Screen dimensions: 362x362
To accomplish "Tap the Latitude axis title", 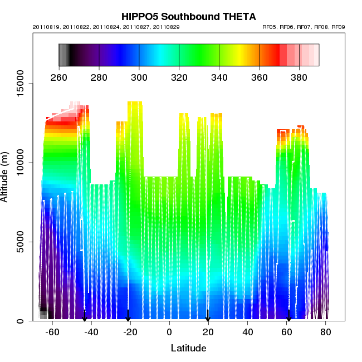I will [188, 349].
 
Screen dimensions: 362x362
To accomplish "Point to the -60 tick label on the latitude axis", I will [52, 332].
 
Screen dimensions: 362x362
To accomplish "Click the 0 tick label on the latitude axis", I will [169, 332].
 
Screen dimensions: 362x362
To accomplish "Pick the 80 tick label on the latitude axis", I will [326, 332].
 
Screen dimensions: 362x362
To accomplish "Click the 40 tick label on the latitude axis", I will [247, 332].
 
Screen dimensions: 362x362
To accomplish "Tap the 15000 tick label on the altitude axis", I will [19, 84].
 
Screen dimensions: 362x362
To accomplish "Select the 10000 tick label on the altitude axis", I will [19, 163].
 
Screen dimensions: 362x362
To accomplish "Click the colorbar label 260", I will [59, 77].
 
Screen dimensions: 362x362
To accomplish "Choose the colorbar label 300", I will [139, 77].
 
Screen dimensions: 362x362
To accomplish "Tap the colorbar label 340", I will [219, 77].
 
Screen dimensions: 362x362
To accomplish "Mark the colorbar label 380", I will [300, 77].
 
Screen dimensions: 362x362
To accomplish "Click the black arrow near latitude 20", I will [208, 316].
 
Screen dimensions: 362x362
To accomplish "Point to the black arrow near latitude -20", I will [128, 316].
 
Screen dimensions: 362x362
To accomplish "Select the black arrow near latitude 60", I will [288, 316].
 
